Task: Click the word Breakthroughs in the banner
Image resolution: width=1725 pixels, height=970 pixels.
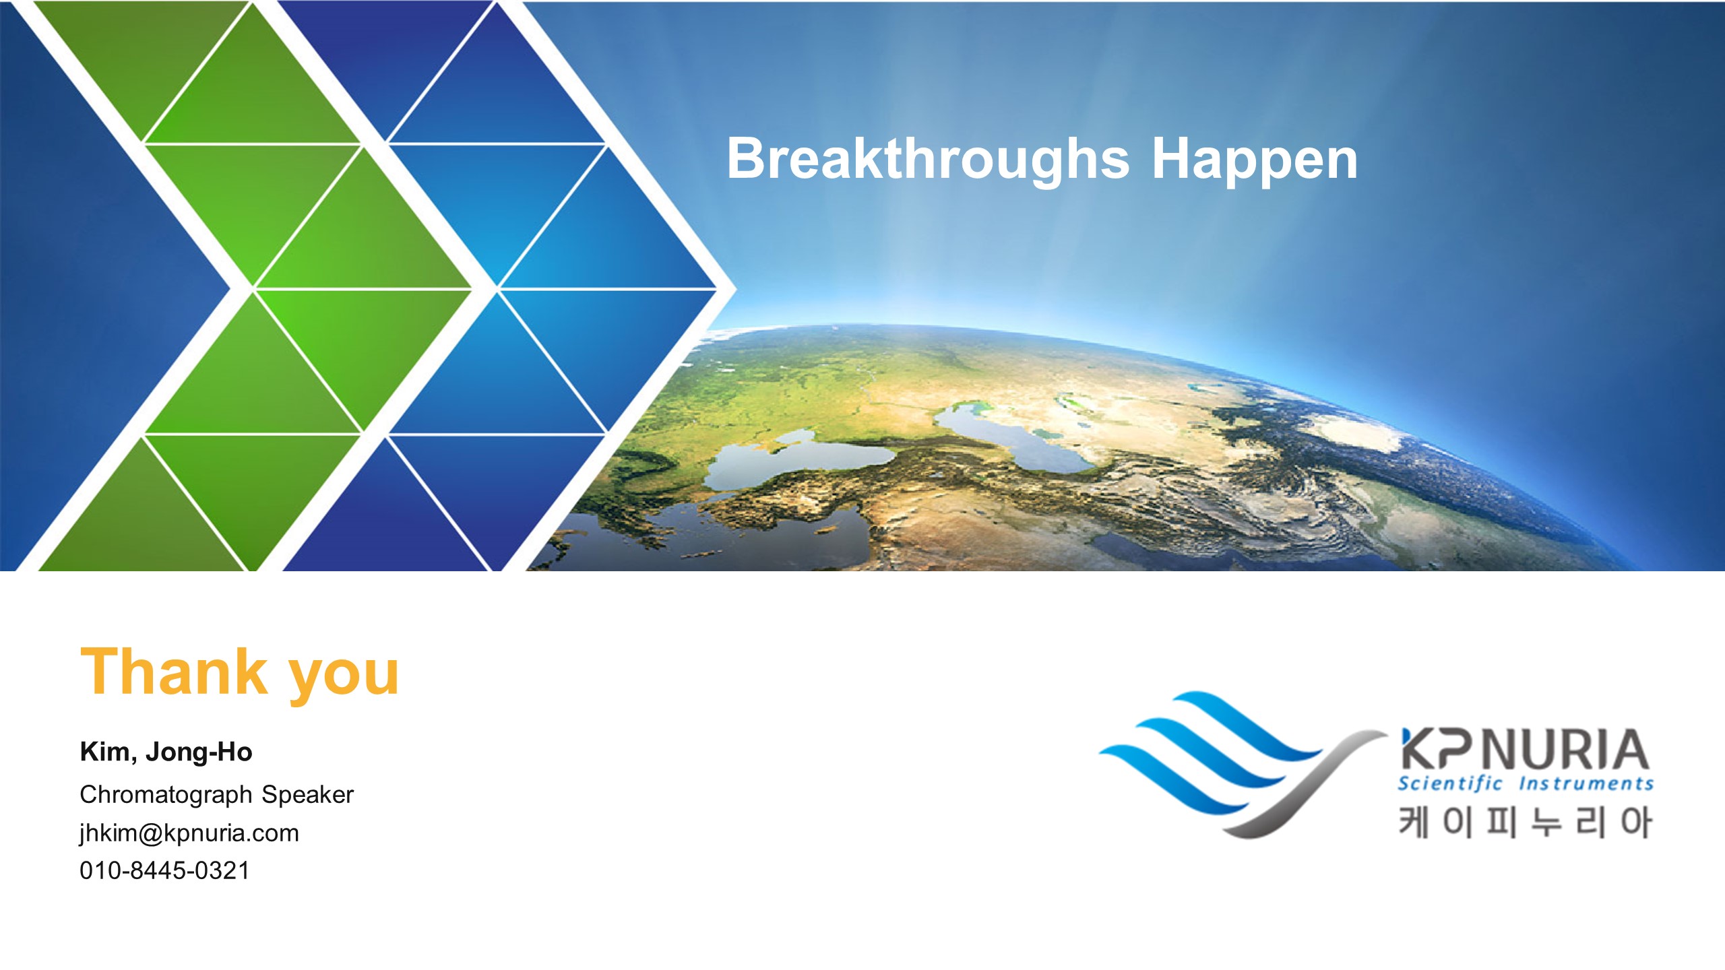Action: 928,160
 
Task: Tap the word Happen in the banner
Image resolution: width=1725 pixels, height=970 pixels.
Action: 1255,160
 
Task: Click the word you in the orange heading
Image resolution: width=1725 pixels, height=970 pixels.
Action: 344,678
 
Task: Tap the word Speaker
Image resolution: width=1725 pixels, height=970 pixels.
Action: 308,795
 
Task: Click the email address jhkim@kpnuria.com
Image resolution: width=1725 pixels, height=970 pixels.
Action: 189,834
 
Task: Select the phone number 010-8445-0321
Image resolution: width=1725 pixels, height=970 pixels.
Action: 164,870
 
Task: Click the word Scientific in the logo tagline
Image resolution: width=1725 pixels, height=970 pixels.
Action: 1449,783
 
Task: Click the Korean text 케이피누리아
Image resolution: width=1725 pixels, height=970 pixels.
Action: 1525,822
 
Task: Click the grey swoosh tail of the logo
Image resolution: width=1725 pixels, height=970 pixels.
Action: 1314,788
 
